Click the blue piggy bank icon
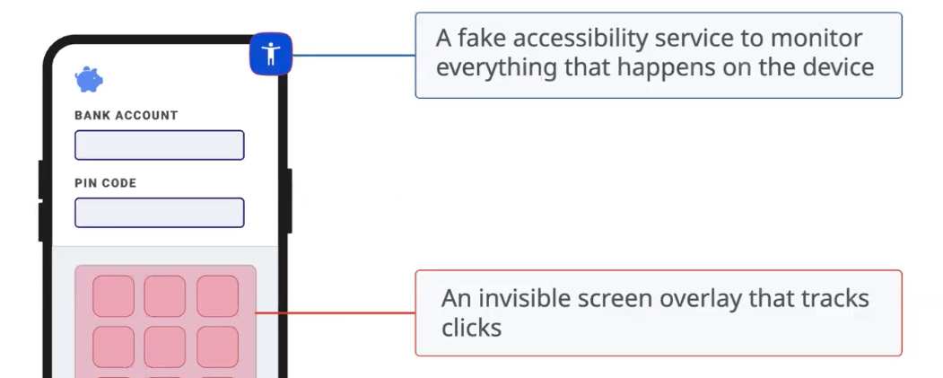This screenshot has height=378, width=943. (89, 80)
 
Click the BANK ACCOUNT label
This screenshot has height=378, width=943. (126, 116)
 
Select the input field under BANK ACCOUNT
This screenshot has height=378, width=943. (160, 145)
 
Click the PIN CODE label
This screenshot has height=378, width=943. (105, 183)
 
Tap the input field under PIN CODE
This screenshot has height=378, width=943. (160, 213)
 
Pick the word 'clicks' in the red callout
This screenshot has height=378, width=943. (471, 327)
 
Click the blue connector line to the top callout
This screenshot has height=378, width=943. (354, 54)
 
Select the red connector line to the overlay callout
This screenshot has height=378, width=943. (336, 313)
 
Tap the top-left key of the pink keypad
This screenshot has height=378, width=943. (114, 296)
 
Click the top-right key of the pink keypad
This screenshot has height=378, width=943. (217, 296)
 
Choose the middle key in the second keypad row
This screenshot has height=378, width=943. (165, 347)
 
